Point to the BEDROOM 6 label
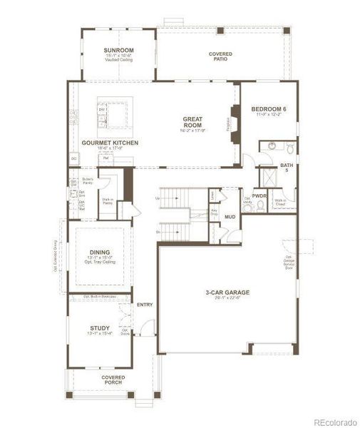[x=267, y=109]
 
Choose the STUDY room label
[x=99, y=328]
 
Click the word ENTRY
[x=145, y=305]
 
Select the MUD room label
[x=230, y=217]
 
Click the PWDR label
[x=259, y=195]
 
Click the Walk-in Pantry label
[x=107, y=202]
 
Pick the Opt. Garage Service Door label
[x=289, y=263]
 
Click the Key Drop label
[x=214, y=212]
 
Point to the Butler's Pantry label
[x=88, y=180]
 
